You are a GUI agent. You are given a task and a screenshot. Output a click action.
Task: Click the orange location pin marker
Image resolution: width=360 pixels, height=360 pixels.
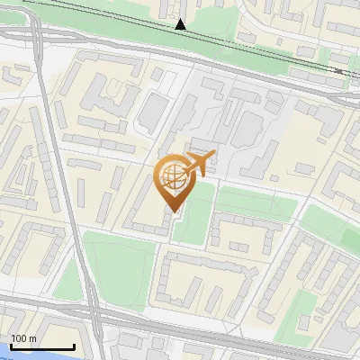pos(172,179)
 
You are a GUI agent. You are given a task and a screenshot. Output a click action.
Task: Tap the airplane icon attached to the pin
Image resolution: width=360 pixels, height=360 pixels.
pos(199,163)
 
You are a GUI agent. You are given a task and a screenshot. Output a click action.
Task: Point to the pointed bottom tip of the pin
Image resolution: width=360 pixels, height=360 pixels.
pos(173,211)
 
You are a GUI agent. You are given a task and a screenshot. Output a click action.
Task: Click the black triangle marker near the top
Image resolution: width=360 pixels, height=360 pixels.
pos(181,24)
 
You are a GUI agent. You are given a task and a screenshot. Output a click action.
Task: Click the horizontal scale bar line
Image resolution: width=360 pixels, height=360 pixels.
pos(41,347)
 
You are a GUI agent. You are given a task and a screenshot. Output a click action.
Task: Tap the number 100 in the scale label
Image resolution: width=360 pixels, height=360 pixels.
pos(18,338)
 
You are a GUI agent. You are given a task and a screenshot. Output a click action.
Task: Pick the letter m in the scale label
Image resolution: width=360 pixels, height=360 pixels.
pos(32,338)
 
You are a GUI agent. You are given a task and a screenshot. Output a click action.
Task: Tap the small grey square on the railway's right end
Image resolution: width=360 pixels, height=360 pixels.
pos(338,70)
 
